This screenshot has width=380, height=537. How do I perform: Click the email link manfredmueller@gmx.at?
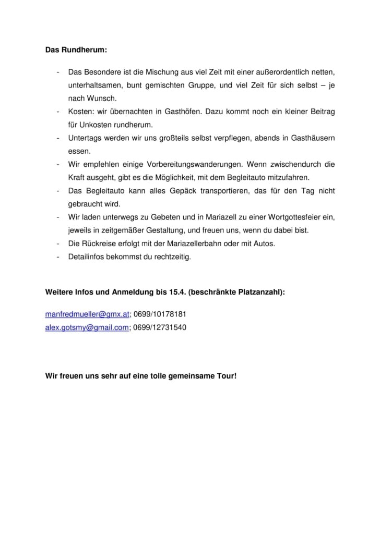pos(87,314)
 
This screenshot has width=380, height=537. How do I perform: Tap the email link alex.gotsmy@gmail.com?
pos(87,328)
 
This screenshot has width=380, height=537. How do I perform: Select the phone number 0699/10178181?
pos(160,314)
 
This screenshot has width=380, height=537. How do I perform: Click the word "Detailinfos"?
pos(87,257)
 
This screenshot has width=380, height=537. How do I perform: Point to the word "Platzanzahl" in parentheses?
pos(259,292)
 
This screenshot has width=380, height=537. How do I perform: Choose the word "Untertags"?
pos(85,138)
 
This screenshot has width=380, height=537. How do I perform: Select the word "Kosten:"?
pos(81,112)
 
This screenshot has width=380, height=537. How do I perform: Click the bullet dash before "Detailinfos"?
pos(57,257)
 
